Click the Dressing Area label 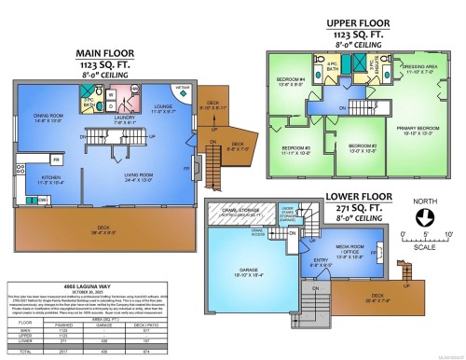418,67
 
